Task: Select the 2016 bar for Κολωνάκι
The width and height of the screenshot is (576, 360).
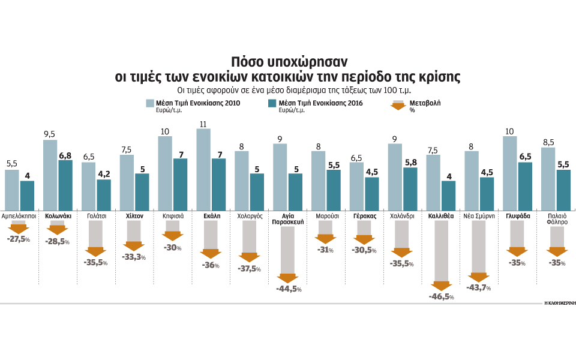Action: (x=65, y=185)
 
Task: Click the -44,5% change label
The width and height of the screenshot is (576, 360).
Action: (x=288, y=289)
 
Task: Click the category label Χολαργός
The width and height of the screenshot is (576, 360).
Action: (x=250, y=215)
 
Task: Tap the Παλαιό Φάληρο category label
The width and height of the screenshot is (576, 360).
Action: (x=556, y=218)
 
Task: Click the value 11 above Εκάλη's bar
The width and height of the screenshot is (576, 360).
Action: (x=203, y=124)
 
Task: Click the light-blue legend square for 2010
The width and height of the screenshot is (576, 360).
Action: (x=150, y=104)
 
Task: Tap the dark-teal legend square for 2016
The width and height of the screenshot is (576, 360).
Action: (x=272, y=104)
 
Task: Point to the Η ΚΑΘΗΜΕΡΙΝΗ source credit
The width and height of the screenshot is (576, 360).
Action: (x=559, y=304)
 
